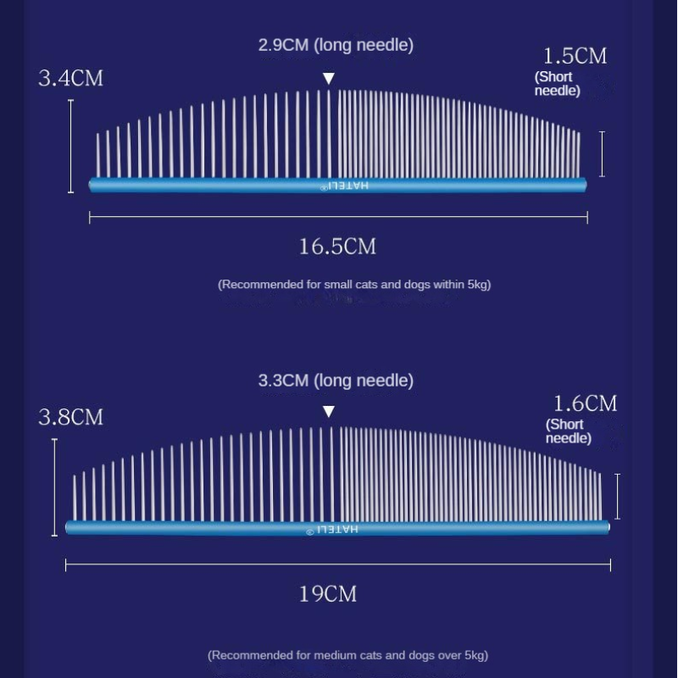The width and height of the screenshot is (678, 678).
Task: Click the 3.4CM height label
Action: tap(70, 78)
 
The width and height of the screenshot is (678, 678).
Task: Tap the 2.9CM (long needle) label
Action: tap(336, 45)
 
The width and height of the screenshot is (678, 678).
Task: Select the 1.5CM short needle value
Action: tap(575, 57)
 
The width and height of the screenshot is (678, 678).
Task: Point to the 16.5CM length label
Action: tap(336, 247)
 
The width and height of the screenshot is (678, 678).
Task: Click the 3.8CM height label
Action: tap(70, 417)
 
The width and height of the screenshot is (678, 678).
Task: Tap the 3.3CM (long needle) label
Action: tap(336, 381)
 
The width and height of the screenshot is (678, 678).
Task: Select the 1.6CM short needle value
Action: tap(585, 403)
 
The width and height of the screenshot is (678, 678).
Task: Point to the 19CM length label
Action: tap(327, 593)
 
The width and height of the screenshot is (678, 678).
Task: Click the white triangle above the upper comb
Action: tap(329, 79)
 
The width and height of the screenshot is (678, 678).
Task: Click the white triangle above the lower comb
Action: tap(329, 412)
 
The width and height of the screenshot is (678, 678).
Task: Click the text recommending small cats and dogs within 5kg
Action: tap(354, 285)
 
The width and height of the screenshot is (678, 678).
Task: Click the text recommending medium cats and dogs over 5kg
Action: tap(347, 655)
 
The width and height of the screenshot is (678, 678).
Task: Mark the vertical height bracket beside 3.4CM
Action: tap(70, 146)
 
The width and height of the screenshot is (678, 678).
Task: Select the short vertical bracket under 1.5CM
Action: tap(602, 154)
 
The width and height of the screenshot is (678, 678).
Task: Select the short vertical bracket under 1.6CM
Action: tap(617, 497)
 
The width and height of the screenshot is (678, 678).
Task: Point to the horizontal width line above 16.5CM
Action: tap(338, 218)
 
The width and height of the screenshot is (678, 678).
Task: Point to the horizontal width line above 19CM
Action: tap(337, 564)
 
